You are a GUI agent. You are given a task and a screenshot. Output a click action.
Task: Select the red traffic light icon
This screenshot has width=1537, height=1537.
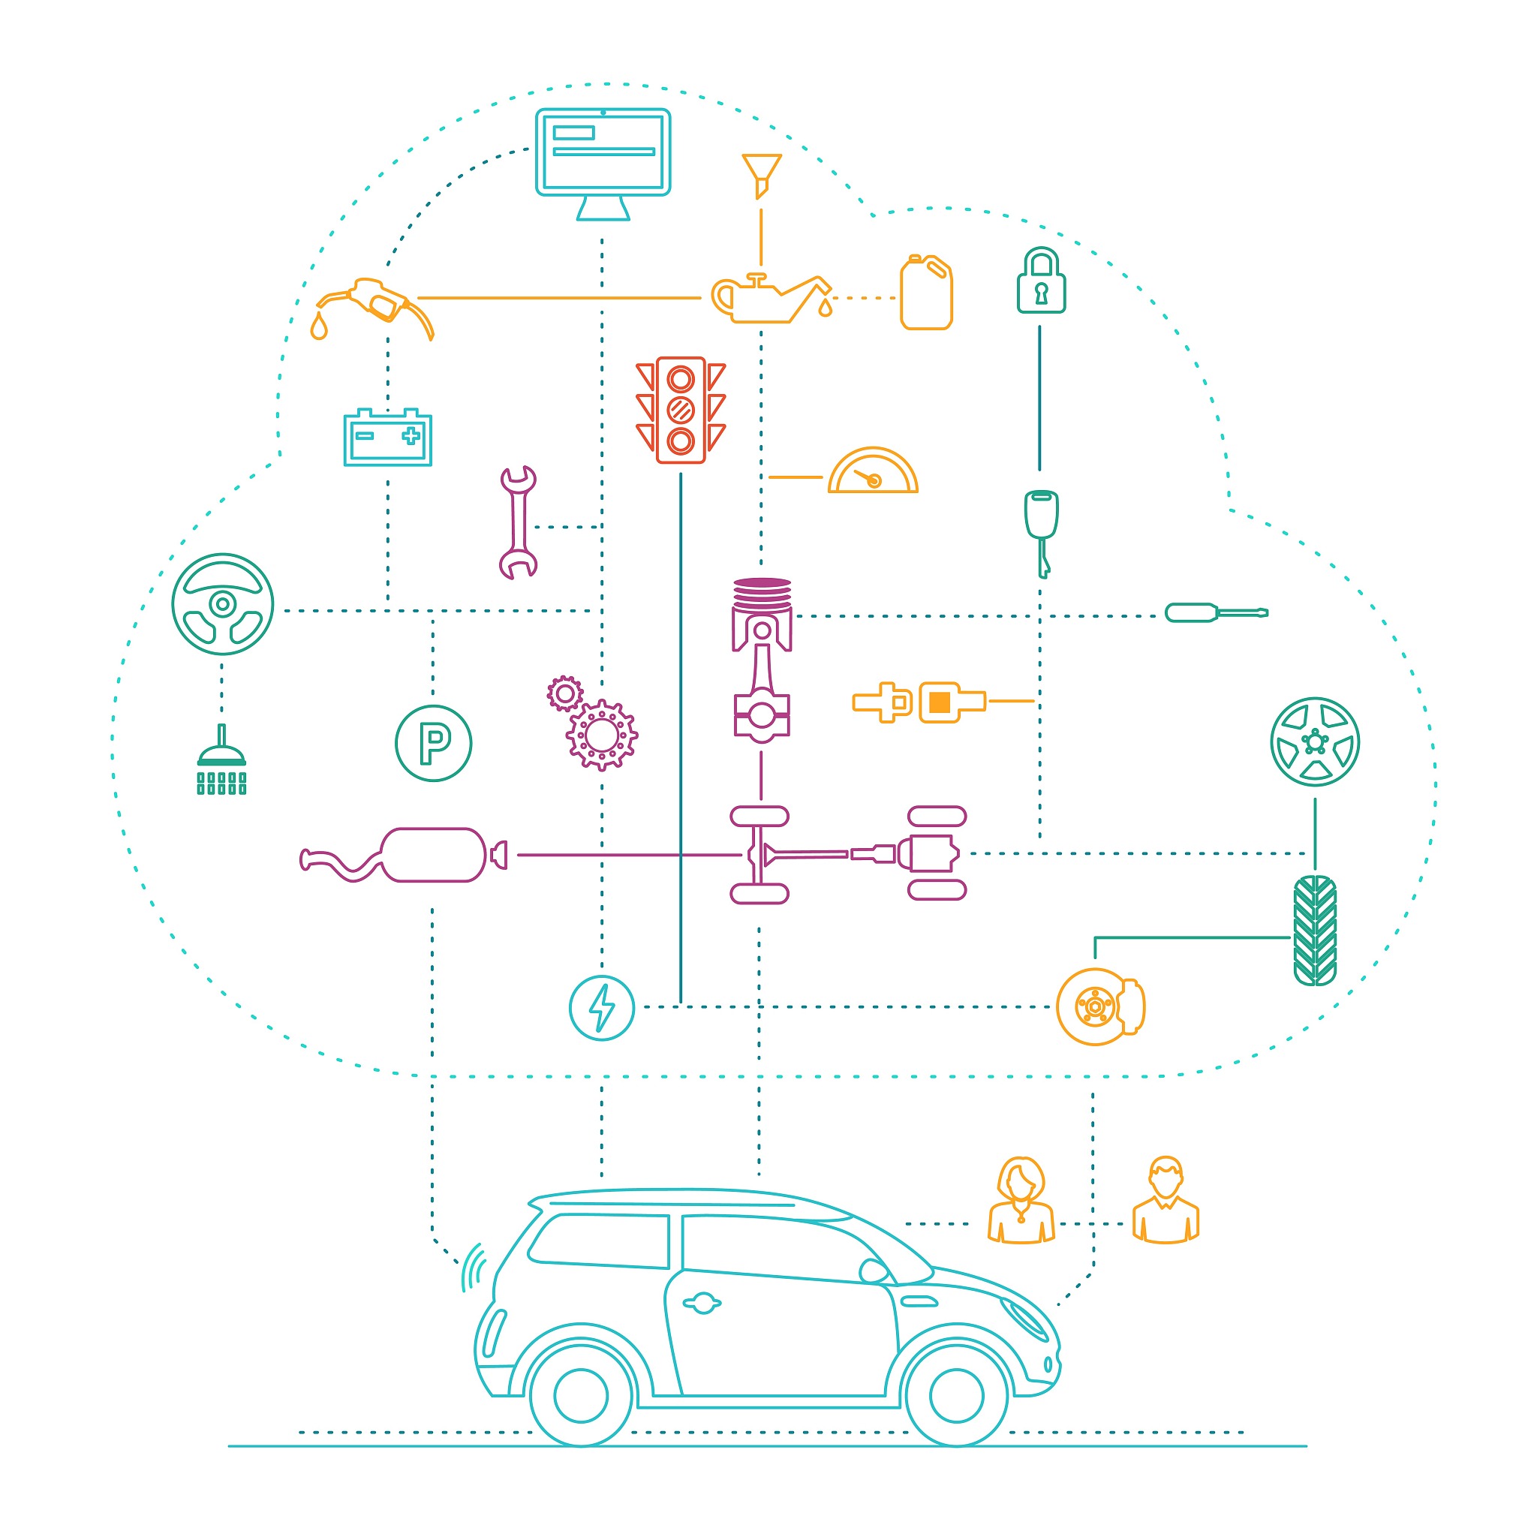(x=680, y=410)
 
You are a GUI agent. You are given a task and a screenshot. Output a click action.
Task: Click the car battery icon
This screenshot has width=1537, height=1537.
(x=387, y=438)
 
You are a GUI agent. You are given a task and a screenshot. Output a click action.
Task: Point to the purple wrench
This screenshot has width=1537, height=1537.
(x=518, y=522)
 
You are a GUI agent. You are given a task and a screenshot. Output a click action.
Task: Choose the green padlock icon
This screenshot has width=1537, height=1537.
(x=1041, y=281)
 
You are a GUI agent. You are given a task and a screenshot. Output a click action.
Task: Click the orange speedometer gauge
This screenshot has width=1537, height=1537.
(x=873, y=474)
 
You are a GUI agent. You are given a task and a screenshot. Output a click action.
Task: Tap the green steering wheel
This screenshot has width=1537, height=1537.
(x=223, y=605)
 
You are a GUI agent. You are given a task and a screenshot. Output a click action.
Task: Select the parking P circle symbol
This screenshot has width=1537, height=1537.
(x=434, y=743)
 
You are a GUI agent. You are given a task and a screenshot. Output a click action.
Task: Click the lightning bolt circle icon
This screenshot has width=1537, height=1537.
(x=601, y=1008)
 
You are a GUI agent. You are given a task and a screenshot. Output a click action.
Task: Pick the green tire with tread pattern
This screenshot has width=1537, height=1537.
(x=1314, y=931)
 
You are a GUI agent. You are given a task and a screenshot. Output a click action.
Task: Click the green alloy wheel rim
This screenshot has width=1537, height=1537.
(x=1314, y=742)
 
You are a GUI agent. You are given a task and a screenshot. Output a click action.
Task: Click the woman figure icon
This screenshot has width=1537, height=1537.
(x=1021, y=1201)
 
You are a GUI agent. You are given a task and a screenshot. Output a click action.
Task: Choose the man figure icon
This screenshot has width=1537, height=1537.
(x=1166, y=1201)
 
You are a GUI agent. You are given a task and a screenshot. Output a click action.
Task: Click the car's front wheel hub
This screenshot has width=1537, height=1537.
(x=956, y=1395)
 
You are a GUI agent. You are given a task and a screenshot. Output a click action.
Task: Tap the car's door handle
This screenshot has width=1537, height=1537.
(x=702, y=1303)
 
